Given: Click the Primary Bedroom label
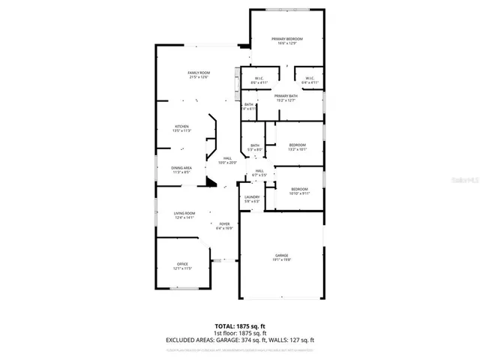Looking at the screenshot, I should pyautogui.click(x=287, y=38).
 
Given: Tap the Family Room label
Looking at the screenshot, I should pyautogui.click(x=198, y=72).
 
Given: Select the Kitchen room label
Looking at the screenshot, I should pyautogui.click(x=182, y=126).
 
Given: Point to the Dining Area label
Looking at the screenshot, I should pyautogui.click(x=182, y=168).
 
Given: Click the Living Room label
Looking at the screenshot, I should pyautogui.click(x=184, y=214).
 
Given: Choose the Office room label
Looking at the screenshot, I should pyautogui.click(x=183, y=264).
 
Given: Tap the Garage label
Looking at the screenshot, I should pyautogui.click(x=281, y=256).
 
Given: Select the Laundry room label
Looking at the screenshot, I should pyautogui.click(x=252, y=196).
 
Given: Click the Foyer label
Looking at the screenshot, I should pyautogui.click(x=224, y=223).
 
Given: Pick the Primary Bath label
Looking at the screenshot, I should pyautogui.click(x=286, y=96).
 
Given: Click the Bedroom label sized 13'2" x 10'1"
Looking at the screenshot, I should pyautogui.click(x=298, y=145).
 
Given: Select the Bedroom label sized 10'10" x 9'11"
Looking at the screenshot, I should pyautogui.click(x=299, y=189).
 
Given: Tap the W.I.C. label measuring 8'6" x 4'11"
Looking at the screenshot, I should pyautogui.click(x=259, y=78).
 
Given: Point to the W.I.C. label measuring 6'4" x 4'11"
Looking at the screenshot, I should pyautogui.click(x=309, y=78).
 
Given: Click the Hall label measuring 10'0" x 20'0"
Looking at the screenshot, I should pyautogui.click(x=227, y=157).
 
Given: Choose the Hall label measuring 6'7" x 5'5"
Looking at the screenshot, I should pyautogui.click(x=259, y=171).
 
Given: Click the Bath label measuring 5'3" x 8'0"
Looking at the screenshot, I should pyautogui.click(x=255, y=145).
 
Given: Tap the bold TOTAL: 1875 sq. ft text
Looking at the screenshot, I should pyautogui.click(x=239, y=326).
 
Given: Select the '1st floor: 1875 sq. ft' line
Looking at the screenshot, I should pyautogui.click(x=239, y=333).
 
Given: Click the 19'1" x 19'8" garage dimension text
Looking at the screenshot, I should pyautogui.click(x=281, y=260).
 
